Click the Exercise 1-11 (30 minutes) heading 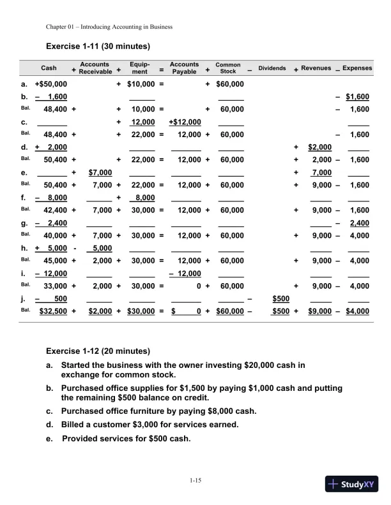coord(98,47)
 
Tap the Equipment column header coord(139,68)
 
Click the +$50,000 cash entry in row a coord(55,84)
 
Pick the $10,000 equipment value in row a coord(141,84)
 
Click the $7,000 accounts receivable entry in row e coord(100,173)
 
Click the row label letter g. coord(24,223)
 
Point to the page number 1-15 coord(195,480)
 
